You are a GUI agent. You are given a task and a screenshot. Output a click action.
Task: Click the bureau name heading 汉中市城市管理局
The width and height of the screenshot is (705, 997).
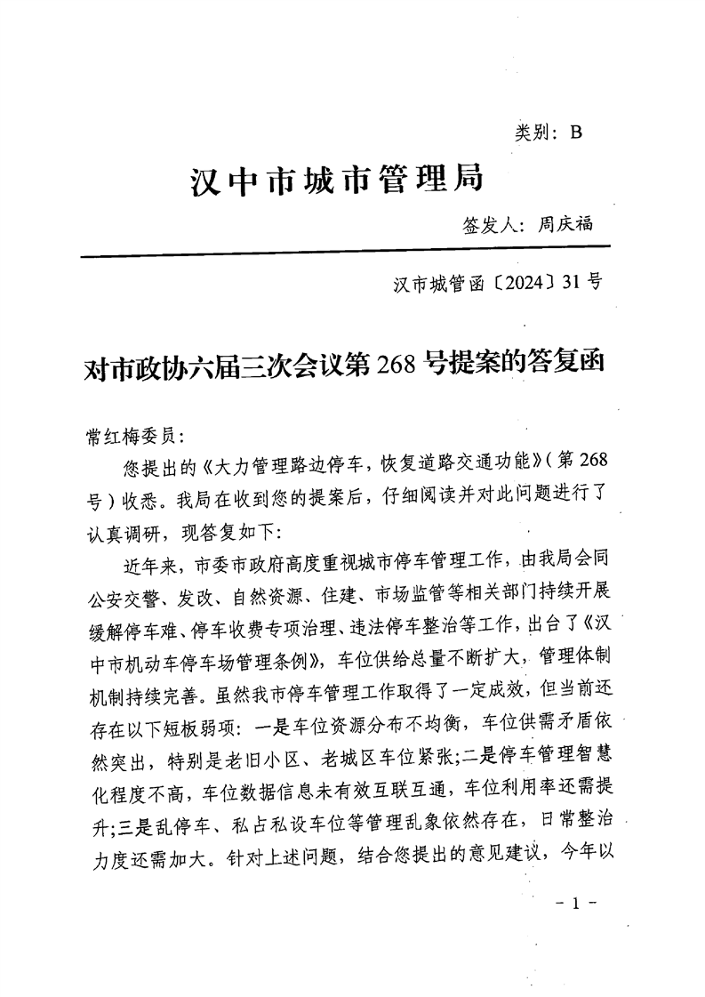tap(337, 180)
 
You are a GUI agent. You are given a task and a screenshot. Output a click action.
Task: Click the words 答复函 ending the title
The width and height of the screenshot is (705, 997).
tap(568, 365)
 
